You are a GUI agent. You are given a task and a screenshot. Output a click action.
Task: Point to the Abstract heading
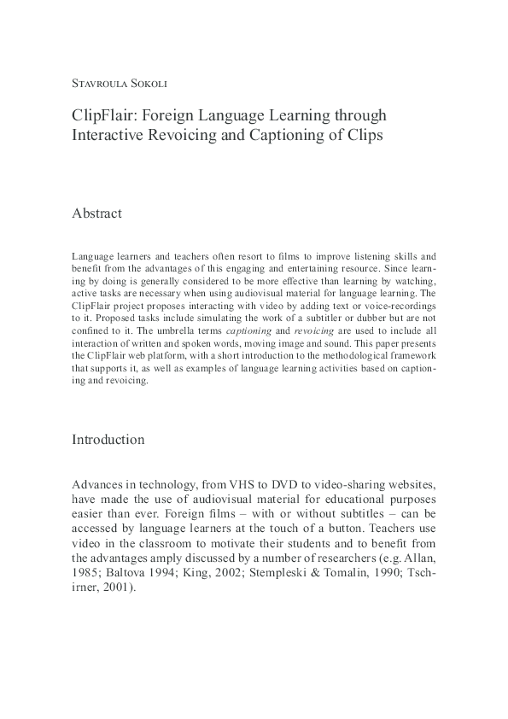tap(96, 213)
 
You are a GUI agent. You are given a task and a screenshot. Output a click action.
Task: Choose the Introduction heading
tap(108, 440)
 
